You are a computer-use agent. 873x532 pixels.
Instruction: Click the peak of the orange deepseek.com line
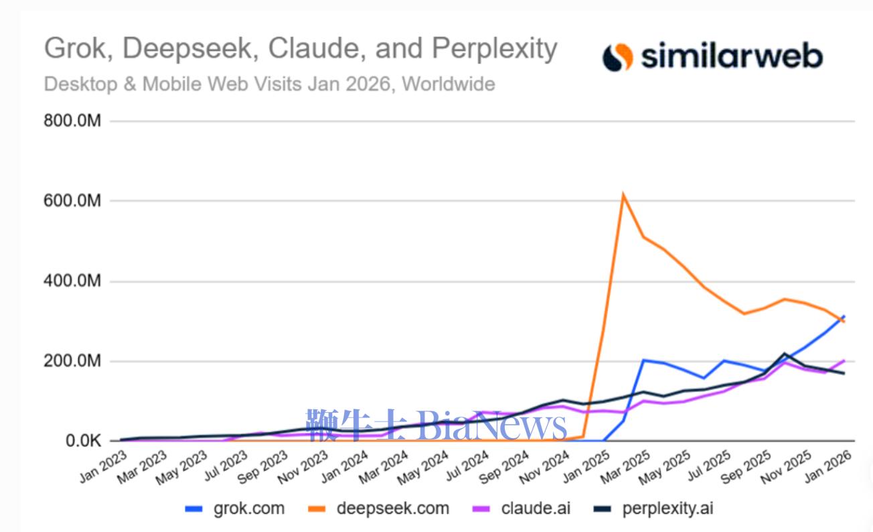[x=623, y=196]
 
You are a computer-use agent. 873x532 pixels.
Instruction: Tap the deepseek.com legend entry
[x=392, y=509]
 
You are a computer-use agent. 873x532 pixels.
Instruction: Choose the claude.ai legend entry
[x=536, y=509]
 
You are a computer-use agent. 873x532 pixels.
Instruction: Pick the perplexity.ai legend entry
[x=667, y=509]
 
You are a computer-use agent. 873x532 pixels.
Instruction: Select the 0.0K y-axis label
[x=82, y=442]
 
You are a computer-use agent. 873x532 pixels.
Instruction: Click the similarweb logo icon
[x=617, y=57]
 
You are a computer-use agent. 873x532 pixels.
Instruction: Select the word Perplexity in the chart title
[x=494, y=50]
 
